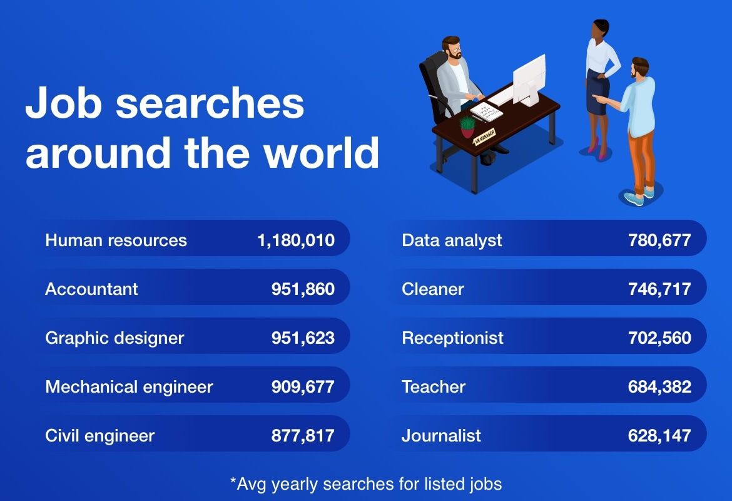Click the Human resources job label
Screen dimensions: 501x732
tap(116, 240)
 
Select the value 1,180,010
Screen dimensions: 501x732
tap(295, 240)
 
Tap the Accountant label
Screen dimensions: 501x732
tap(91, 289)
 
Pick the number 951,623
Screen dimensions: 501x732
tap(303, 338)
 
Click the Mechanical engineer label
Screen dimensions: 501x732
tap(129, 387)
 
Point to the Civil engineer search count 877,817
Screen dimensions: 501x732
tap(303, 436)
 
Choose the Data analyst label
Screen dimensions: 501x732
tap(452, 240)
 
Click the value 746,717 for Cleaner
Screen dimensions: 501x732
tap(659, 289)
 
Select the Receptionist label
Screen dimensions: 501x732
tap(452, 338)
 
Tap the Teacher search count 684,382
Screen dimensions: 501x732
tap(659, 387)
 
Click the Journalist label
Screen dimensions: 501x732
tap(441, 436)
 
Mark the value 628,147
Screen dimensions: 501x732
tap(659, 436)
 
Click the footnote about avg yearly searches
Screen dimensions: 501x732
tap(366, 483)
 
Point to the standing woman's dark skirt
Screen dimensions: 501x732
tap(596, 94)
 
